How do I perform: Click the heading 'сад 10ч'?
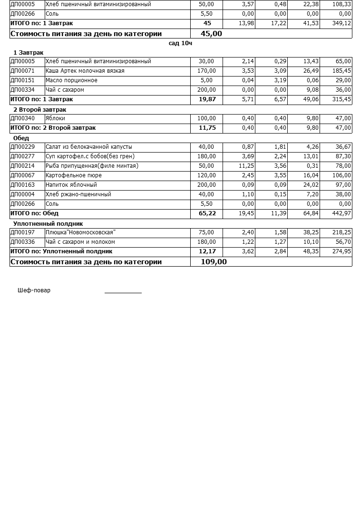(x=180, y=43)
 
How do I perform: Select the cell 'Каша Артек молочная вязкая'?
(x=85, y=71)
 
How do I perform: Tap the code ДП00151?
(x=22, y=80)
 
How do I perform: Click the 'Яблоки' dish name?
(x=55, y=118)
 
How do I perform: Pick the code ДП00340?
(x=22, y=118)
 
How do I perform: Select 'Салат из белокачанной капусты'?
(x=88, y=147)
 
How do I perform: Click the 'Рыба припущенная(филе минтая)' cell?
(x=92, y=166)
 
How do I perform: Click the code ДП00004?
(x=22, y=194)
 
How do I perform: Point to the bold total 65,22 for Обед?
(x=207, y=213)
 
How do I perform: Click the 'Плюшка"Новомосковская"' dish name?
(x=80, y=232)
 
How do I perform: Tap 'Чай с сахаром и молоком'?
(x=80, y=242)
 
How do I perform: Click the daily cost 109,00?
(x=214, y=262)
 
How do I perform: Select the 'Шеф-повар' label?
(x=34, y=290)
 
